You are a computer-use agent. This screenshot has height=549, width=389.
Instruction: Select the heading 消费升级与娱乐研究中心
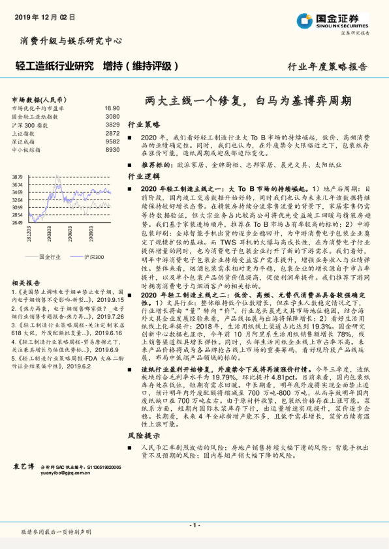tap(72, 40)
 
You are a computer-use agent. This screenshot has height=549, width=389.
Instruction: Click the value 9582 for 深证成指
tap(113, 141)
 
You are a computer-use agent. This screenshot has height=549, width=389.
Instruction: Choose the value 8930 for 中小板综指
tap(113, 150)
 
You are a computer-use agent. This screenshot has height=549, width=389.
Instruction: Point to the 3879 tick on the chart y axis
tap(18, 177)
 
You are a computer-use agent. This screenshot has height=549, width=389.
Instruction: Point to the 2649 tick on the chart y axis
tap(18, 222)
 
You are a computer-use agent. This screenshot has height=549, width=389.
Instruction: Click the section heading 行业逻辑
tap(143, 177)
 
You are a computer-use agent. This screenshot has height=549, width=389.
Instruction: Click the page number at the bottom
tap(194, 525)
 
